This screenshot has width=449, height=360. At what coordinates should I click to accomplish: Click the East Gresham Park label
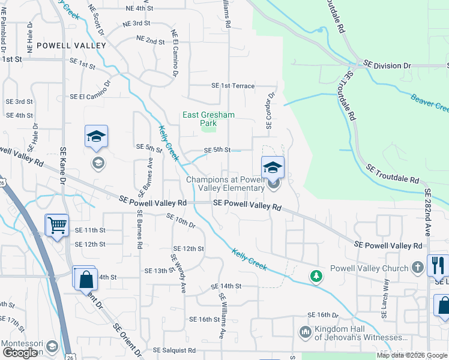coord(208,119)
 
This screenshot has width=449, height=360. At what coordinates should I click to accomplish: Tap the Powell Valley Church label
coord(370,268)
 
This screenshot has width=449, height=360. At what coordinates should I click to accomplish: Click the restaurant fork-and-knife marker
coord(438,265)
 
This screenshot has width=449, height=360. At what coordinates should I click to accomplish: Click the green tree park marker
coord(316,276)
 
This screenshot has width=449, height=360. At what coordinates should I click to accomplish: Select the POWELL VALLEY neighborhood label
coord(71,45)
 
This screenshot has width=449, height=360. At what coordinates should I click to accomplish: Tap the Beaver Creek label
coord(430,102)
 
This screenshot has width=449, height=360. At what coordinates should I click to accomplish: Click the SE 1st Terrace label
coord(233,86)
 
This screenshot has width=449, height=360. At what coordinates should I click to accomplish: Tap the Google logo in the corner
coord(19,353)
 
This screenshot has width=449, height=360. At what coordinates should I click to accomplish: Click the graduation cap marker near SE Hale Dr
coord(96,137)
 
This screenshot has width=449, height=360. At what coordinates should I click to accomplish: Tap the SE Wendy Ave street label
coord(178,273)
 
